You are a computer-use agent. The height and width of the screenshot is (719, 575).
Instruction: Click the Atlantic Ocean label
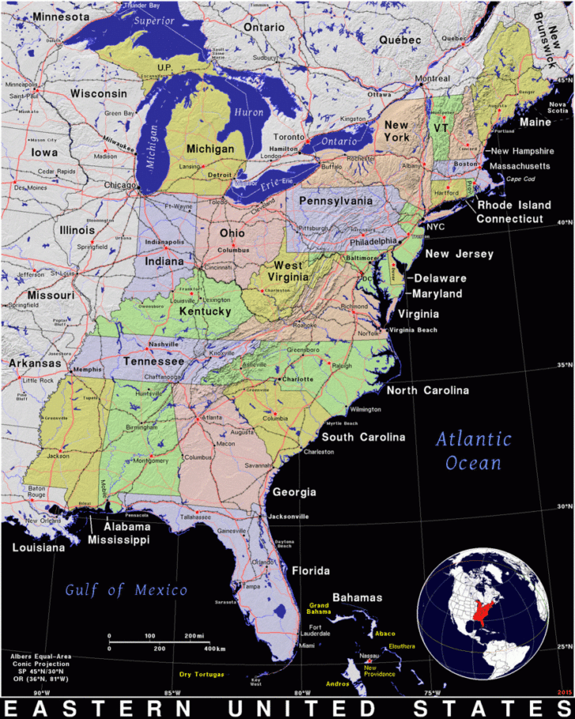coord(474,450)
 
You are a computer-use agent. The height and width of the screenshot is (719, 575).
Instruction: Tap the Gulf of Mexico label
coord(126,589)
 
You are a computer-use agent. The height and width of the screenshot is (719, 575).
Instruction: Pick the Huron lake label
coord(249,113)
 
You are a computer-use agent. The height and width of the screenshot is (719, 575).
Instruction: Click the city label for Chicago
coord(120,185)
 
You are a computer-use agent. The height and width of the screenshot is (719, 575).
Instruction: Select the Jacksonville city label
coord(288,516)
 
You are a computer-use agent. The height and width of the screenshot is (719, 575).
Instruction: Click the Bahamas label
coord(357,597)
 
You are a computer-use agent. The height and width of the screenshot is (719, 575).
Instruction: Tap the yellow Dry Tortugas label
coord(201,674)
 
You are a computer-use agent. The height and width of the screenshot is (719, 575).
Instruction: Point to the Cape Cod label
coord(521,179)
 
